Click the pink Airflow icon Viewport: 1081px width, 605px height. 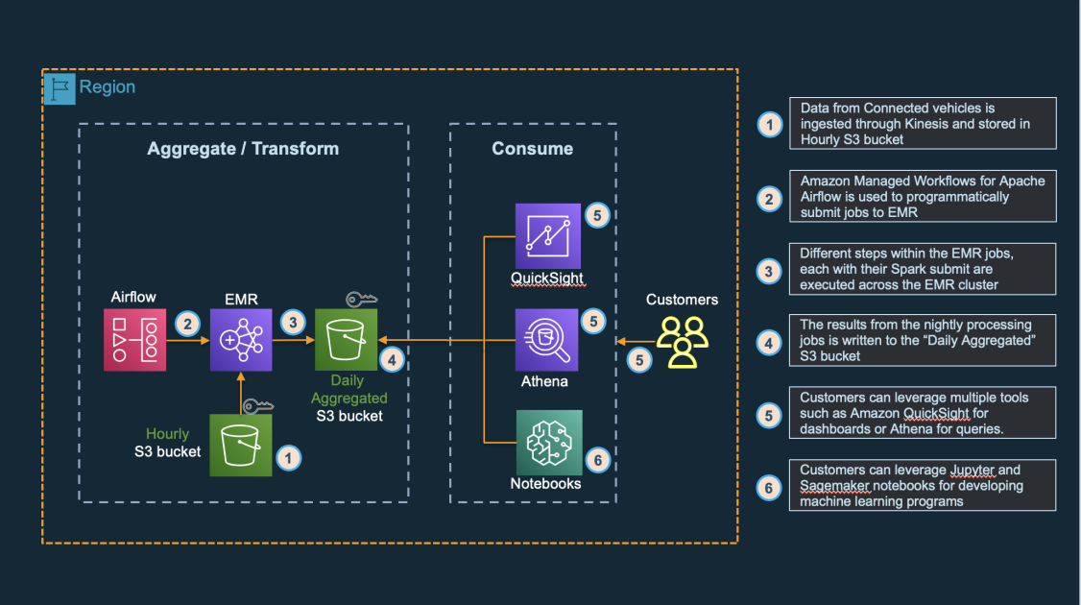(x=135, y=340)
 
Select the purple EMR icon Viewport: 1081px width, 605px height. (x=241, y=340)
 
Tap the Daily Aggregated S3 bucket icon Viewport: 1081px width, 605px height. (x=347, y=340)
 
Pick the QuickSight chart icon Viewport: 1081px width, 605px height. (x=547, y=235)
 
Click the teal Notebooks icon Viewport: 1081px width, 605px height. (x=549, y=441)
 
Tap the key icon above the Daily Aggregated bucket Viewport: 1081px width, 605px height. (x=361, y=300)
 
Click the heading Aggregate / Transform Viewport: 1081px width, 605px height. (x=243, y=149)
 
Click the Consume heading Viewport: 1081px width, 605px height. (x=532, y=149)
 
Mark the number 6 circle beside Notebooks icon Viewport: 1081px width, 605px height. (x=597, y=460)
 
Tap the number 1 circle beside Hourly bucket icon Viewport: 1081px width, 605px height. (x=288, y=458)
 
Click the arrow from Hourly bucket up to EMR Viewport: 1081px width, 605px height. (x=241, y=392)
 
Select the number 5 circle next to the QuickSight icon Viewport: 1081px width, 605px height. (x=597, y=216)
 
